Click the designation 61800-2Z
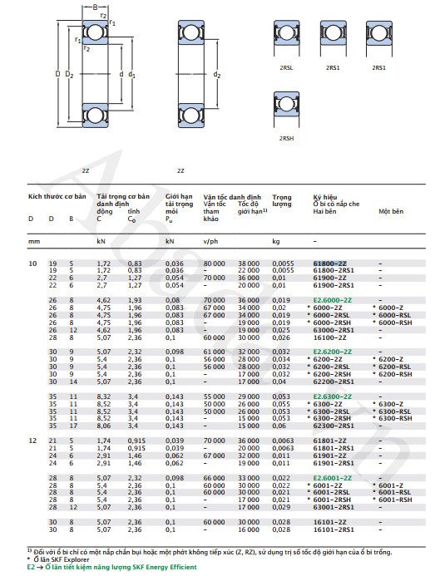coord(329,263)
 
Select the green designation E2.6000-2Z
coord(332,299)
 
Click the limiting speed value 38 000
coord(250,263)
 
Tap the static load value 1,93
coord(135,299)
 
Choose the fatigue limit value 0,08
coord(171,299)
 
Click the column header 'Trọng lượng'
coord(282,200)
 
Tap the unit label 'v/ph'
coord(210,241)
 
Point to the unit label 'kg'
coord(276,241)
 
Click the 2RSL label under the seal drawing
coord(286,66)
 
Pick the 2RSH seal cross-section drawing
coord(286,111)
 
